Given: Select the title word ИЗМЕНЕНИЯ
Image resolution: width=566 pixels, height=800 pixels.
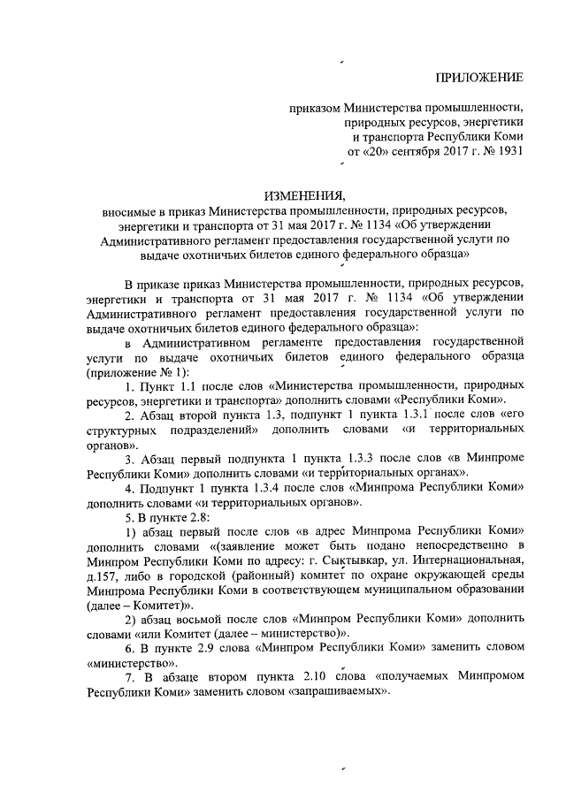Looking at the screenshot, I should click(301, 194).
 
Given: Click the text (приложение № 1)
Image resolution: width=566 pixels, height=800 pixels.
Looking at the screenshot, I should click(145, 372).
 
